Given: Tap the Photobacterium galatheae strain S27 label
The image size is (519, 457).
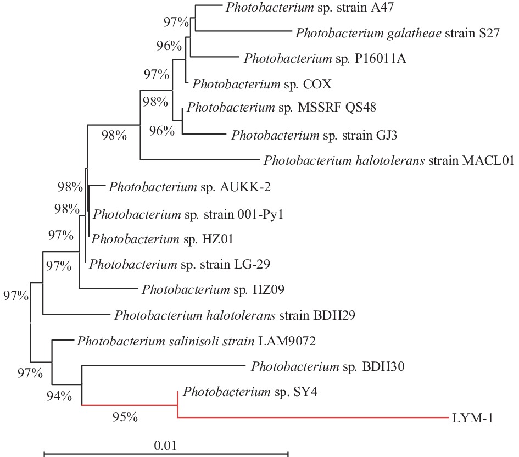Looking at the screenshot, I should pyautogui.click(x=397, y=33).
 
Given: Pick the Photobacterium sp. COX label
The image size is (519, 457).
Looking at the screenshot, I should pyautogui.click(x=254, y=84).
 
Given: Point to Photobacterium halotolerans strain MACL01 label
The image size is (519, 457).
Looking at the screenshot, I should pyautogui.click(x=388, y=160).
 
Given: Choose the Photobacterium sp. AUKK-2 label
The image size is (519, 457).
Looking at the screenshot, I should pyautogui.click(x=189, y=187).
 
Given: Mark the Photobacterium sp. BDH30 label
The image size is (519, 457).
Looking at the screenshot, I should pyautogui.click(x=328, y=366).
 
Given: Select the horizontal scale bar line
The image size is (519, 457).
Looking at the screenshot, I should pyautogui.click(x=165, y=454).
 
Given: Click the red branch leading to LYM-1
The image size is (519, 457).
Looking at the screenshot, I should pyautogui.click(x=313, y=418).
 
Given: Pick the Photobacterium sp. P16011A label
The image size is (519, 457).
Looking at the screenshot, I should pyautogui.click(x=325, y=58).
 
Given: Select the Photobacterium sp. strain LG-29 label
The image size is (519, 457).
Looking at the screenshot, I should pyautogui.click(x=180, y=264).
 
